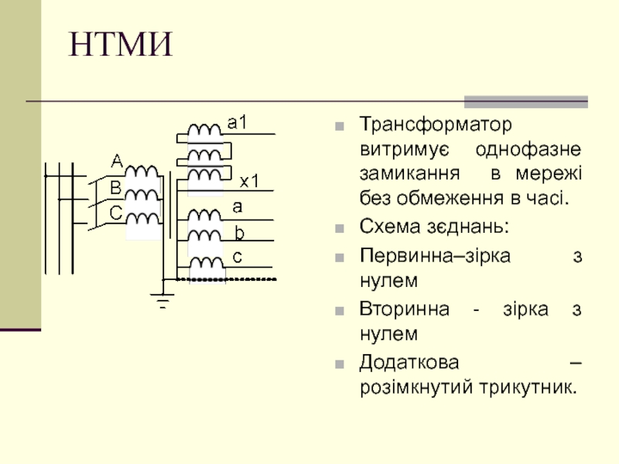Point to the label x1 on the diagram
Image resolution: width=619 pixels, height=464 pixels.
[249, 181]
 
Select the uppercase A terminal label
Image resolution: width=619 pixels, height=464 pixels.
[116, 161]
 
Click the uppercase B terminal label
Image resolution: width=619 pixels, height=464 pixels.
[115, 186]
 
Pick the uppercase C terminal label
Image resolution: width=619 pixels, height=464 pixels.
[115, 211]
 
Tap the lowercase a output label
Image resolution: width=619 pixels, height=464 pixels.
[238, 206]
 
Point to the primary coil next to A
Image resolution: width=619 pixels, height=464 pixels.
[142, 171]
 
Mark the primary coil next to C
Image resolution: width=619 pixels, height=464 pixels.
[142, 219]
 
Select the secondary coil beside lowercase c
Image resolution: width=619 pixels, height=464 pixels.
[206, 263]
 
